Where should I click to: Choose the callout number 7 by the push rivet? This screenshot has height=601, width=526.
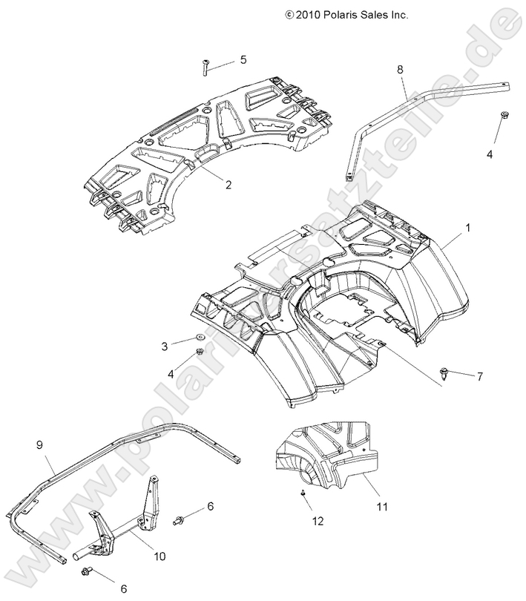[x=479, y=376]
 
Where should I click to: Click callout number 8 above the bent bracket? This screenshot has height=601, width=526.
[x=400, y=69]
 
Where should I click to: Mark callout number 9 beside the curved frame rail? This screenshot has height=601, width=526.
[x=39, y=445]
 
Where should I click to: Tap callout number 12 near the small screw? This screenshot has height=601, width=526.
[x=318, y=521]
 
